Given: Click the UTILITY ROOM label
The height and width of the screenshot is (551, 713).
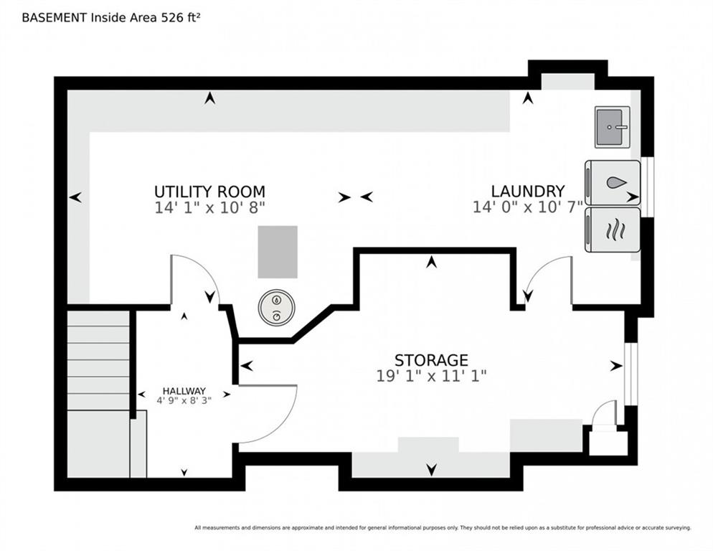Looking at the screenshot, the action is tap(209, 192).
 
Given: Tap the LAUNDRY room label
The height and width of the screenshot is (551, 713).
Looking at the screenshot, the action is tap(528, 191).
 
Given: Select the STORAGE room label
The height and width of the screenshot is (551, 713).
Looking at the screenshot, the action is tap(431, 360).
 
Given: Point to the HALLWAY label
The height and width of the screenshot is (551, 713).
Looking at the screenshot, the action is tap(184, 391).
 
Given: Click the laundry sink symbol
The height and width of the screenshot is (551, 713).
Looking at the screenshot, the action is tap(612, 127).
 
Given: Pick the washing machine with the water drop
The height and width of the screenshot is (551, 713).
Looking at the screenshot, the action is tap(613, 183).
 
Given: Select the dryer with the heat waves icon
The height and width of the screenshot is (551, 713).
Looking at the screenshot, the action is tap(613, 230).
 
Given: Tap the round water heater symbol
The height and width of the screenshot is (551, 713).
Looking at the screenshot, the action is tap(276, 308).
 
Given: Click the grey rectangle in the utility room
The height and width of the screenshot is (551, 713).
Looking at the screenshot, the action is tap(278, 252).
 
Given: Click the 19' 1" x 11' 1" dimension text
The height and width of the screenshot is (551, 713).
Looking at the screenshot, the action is tap(431, 376).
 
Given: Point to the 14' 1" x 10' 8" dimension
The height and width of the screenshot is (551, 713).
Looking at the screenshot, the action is tap(209, 208).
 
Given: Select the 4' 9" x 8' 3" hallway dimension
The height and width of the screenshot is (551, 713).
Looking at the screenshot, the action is tap(184, 401).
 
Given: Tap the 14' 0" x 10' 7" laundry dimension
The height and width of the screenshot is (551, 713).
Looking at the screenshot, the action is tap(528, 207).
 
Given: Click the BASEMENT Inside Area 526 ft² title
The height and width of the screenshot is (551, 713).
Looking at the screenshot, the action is tap(111, 18).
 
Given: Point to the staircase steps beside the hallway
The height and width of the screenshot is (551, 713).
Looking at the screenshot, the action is tap(98, 360).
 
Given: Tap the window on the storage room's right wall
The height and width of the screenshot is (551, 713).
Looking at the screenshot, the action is tap(631, 374).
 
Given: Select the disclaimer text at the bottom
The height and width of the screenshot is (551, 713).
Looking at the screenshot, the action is tap(443, 528).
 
